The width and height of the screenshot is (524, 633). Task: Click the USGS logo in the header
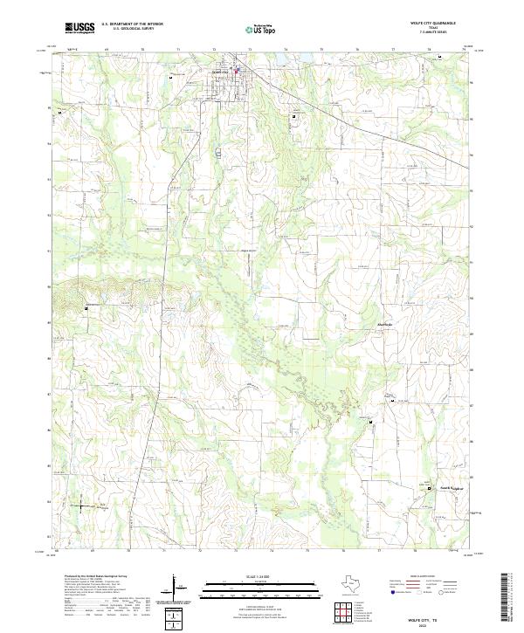point(79,28)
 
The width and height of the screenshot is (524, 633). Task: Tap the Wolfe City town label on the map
point(217,72)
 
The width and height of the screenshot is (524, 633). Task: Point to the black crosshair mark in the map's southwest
point(80,505)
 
